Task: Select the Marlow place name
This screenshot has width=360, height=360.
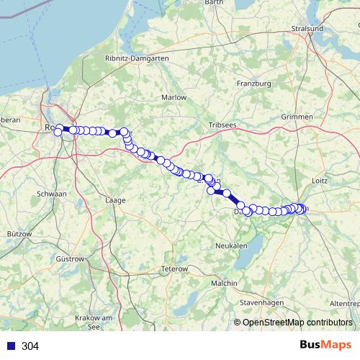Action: (174, 97)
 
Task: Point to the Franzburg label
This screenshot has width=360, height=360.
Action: (253, 84)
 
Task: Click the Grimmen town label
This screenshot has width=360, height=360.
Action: (298, 117)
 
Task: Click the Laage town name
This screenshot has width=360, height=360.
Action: (115, 199)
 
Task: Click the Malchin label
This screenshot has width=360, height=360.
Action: (225, 284)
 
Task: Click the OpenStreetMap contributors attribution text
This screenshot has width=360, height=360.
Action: (297, 323)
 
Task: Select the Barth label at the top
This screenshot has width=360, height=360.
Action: (215, 3)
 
